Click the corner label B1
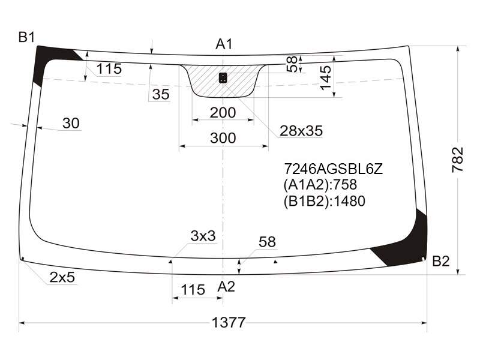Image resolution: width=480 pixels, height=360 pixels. click(x=27, y=37)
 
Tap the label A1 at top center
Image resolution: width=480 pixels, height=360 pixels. click(x=224, y=44)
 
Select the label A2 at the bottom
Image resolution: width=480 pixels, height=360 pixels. click(x=226, y=287)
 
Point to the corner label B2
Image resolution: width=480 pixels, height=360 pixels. click(x=441, y=261)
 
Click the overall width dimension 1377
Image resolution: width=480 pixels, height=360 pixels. click(x=229, y=322)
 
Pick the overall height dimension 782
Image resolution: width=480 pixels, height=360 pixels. click(x=458, y=160)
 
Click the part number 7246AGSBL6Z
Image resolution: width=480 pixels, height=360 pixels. click(x=334, y=169)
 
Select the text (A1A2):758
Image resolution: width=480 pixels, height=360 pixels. click(x=320, y=185)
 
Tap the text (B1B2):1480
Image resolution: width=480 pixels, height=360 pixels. click(x=325, y=201)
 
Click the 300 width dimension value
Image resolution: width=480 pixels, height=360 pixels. click(x=223, y=138)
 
